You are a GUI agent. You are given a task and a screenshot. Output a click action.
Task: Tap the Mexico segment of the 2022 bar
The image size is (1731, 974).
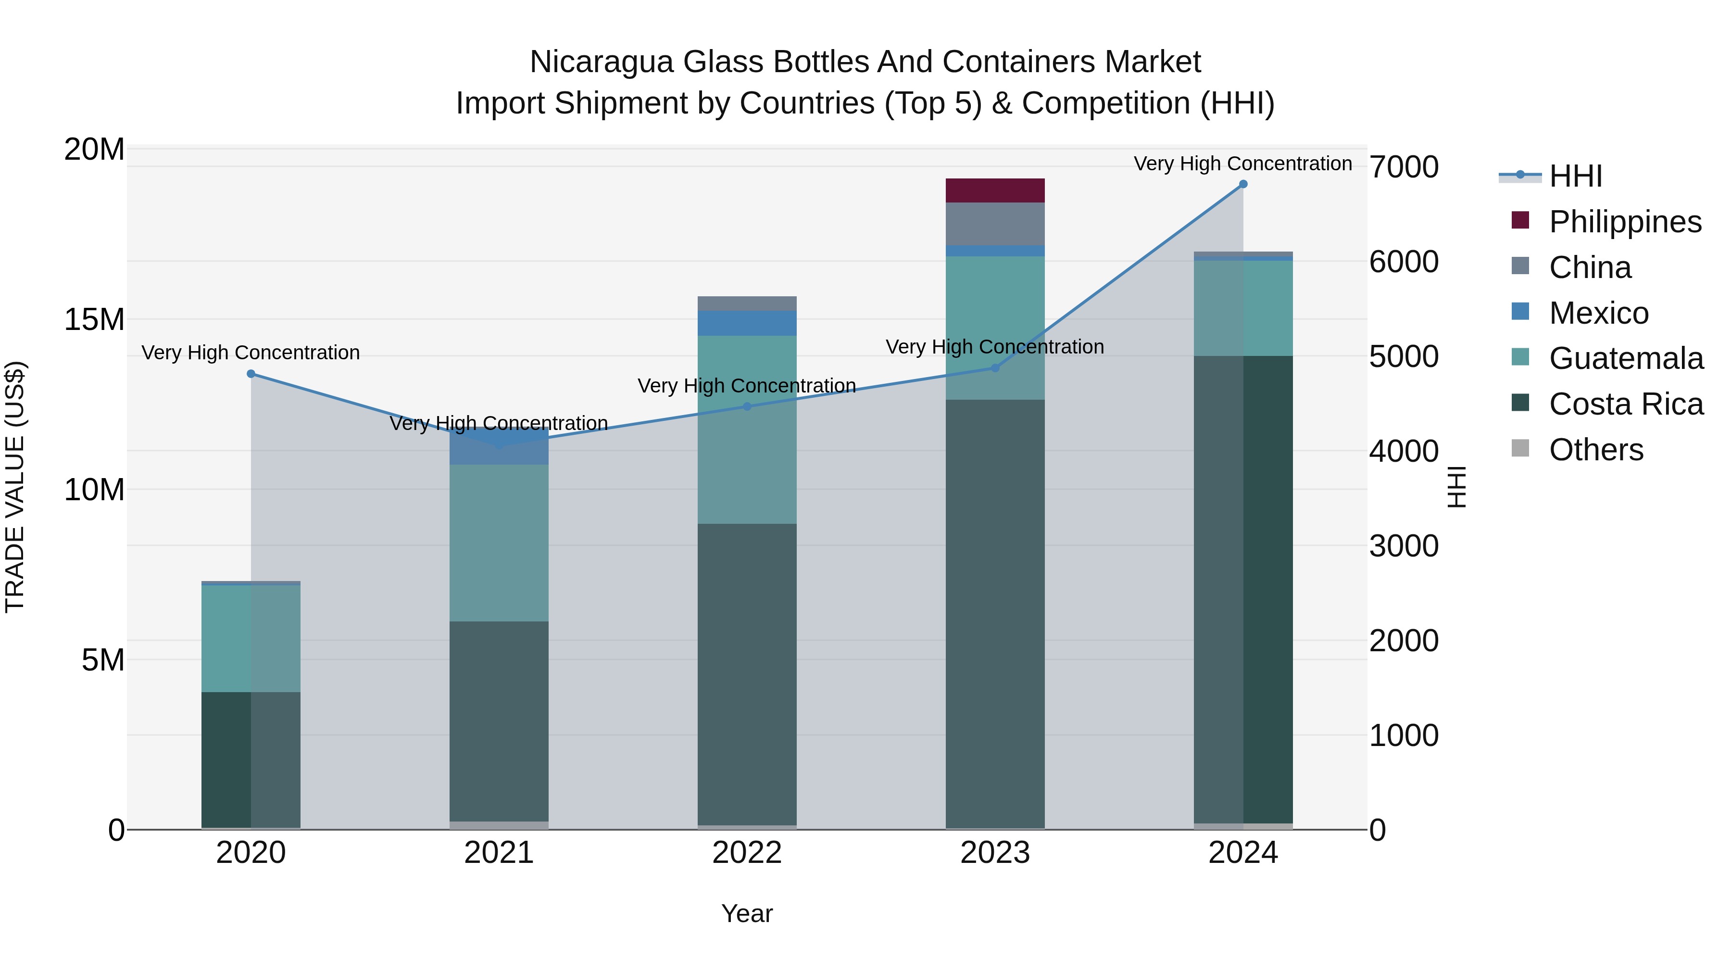pos(747,323)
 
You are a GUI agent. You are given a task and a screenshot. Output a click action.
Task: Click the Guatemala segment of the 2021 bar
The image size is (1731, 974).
pos(499,543)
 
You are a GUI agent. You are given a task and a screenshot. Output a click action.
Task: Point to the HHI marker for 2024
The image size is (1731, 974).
pos(1242,184)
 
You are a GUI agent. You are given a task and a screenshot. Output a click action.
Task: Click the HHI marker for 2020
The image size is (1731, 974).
pos(251,374)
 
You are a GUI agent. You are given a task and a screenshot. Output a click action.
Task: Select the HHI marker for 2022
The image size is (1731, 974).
pos(747,406)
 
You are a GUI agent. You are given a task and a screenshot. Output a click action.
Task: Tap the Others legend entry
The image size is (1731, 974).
pos(1596,450)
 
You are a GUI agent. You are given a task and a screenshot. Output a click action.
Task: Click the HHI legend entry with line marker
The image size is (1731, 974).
pos(1576,176)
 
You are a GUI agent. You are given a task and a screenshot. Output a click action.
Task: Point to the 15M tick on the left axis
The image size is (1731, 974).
pos(94,319)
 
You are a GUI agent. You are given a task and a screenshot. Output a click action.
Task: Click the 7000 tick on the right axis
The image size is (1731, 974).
pos(1404,167)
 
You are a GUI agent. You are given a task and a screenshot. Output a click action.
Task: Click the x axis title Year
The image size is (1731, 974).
pos(747,913)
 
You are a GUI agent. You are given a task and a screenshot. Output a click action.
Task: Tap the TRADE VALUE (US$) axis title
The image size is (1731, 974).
pos(15,487)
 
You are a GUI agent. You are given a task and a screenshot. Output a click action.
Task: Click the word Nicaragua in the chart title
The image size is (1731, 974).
pos(601,62)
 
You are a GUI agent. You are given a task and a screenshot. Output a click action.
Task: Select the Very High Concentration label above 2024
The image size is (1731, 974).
pos(1242,164)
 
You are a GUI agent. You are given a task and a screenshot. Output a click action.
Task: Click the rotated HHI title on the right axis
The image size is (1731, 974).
pos(1455,487)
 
